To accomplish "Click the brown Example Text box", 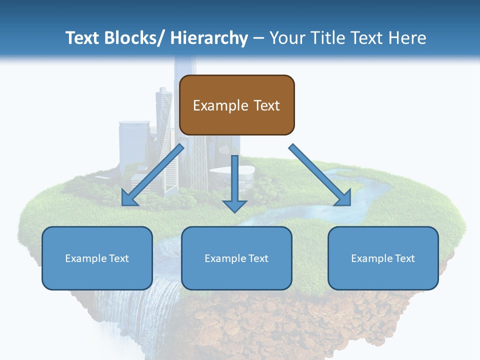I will [x=236, y=105].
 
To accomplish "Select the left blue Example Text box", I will [x=97, y=258].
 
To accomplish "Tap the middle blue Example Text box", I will [x=236, y=258].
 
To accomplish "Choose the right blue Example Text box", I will [x=383, y=258].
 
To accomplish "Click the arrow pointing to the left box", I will [x=152, y=175].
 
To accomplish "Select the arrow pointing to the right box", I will [x=320, y=175].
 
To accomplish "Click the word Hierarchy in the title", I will [x=209, y=38].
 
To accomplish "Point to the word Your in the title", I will [x=286, y=38].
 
